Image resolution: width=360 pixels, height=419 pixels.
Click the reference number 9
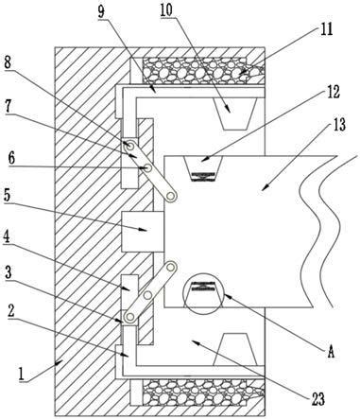click(101, 12)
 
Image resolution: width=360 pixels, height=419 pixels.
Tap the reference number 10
click(166, 9)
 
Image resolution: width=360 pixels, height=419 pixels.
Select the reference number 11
click(327, 29)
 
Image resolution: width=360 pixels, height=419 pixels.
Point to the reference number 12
click(333, 93)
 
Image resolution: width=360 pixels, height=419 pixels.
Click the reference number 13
click(338, 125)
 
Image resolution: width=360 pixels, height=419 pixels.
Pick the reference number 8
click(8, 62)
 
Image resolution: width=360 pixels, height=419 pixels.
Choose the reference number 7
click(8, 108)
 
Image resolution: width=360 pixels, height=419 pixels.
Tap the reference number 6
click(11, 158)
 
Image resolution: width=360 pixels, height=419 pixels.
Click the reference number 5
click(7, 196)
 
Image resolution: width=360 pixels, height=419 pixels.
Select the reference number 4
click(7, 237)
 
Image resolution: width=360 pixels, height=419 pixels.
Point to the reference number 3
click(9, 273)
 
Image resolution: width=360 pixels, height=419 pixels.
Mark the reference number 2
click(11, 311)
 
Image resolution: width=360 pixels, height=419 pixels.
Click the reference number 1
click(22, 375)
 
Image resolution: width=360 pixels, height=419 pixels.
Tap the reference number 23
click(317, 399)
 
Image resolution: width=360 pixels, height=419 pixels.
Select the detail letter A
click(331, 352)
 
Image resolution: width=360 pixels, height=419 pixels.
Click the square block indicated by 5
click(143, 232)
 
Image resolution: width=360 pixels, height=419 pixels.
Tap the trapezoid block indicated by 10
click(234, 113)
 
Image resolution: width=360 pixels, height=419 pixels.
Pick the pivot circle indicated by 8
click(129, 146)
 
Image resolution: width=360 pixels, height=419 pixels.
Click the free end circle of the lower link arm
click(171, 268)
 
